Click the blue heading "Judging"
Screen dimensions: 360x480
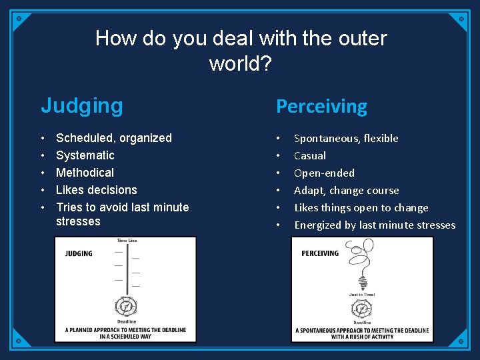coord(82,105)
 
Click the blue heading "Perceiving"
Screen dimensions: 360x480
coord(321,106)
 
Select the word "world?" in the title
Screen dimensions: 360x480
coord(241,63)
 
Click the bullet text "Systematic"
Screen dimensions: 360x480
coord(85,155)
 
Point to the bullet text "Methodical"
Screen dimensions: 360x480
coord(85,173)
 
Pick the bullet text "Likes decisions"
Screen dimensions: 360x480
coord(97,190)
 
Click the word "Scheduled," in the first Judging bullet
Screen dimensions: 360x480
coord(86,138)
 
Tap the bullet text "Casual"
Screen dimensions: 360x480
coord(310,155)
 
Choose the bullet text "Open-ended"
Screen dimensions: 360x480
coord(324,173)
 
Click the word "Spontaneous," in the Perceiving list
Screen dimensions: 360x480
coord(327,138)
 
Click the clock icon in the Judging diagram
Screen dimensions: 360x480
coord(125,307)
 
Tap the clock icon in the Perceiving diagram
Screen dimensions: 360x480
coord(361,309)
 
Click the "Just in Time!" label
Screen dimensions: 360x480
coord(362,295)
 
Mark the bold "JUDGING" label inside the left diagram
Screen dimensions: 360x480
coord(79,253)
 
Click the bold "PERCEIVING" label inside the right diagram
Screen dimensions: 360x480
coord(320,253)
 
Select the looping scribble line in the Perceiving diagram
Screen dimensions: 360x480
coord(360,267)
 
